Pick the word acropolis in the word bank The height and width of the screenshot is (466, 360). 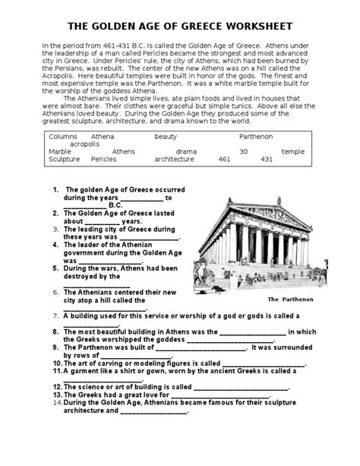point(85,143)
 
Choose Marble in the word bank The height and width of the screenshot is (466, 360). point(60,151)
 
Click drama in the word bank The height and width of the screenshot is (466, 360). point(185,151)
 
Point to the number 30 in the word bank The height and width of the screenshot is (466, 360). point(243,151)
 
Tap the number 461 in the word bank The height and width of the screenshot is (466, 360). point(223,160)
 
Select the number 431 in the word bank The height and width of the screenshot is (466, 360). point(266,160)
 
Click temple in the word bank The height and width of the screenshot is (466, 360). point(293,151)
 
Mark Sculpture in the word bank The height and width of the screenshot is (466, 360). point(64,160)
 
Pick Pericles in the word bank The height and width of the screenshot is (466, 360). point(103,160)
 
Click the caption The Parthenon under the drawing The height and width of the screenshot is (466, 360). point(286,299)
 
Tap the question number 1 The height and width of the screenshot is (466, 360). point(55,189)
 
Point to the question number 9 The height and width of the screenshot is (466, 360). point(56,347)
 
